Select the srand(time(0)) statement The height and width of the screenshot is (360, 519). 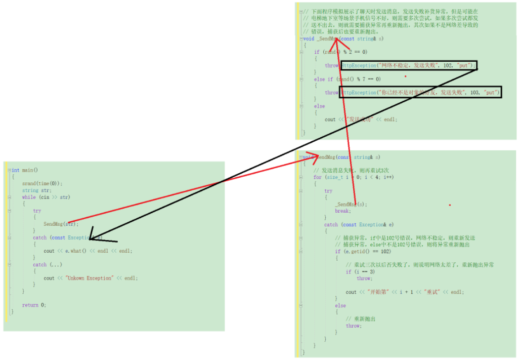(x=42, y=184)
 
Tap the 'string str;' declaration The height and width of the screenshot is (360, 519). (x=36, y=190)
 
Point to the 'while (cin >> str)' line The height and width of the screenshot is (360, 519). (x=46, y=197)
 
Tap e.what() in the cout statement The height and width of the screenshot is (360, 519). (x=76, y=251)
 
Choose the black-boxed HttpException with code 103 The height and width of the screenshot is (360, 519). (x=420, y=92)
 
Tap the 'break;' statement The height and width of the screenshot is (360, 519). (x=342, y=211)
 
